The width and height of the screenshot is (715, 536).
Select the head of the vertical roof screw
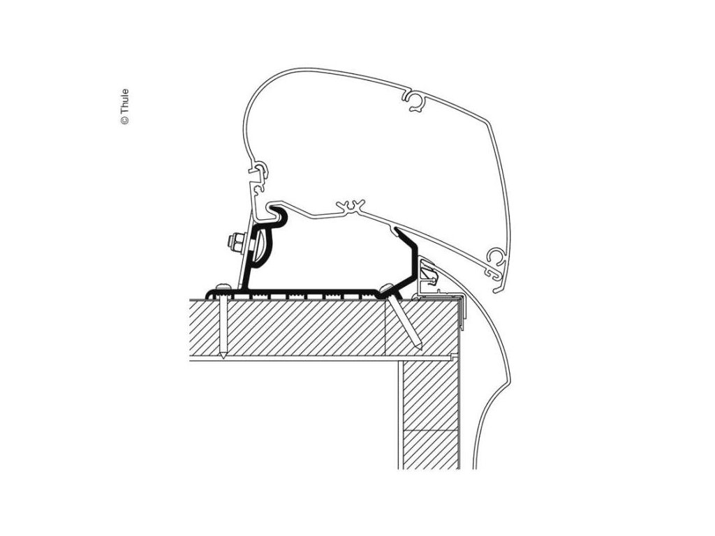pyautogui.click(x=223, y=288)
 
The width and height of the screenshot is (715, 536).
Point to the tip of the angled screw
pyautogui.click(x=418, y=346)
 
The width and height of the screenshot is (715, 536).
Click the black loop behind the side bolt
pyautogui.click(x=260, y=245)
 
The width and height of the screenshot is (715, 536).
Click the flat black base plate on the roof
pyautogui.click(x=314, y=291)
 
